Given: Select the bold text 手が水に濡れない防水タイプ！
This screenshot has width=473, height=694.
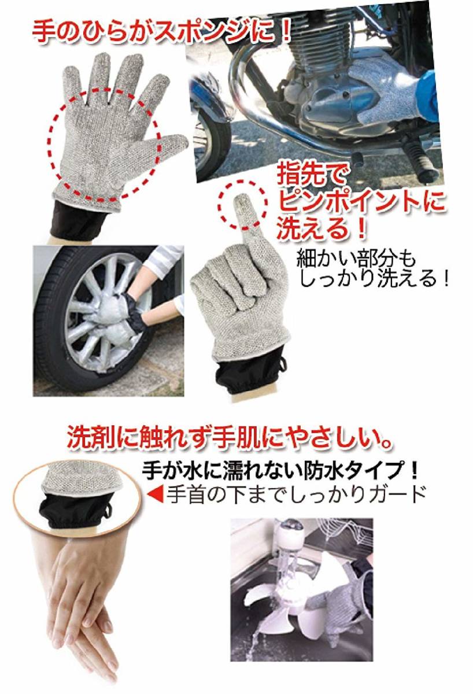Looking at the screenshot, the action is tap(279, 470).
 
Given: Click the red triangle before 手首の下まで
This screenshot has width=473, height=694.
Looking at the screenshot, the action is tap(156, 493).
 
